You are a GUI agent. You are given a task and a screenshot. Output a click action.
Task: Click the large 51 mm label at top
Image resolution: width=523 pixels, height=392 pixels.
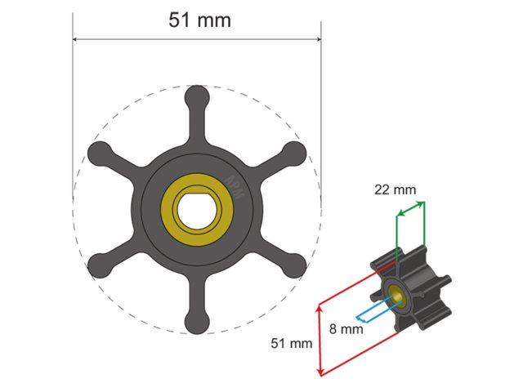pos(199,20)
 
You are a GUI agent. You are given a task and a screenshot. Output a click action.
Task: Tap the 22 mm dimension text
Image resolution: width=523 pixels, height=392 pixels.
pos(395,189)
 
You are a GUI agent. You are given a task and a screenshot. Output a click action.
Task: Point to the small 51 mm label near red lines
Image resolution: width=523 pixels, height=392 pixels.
pos(292,344)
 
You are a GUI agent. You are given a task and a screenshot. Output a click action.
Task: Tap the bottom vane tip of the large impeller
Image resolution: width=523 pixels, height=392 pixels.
pos(196,323)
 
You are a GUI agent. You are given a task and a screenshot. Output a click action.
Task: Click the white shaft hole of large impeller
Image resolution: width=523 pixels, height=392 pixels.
pos(197,210)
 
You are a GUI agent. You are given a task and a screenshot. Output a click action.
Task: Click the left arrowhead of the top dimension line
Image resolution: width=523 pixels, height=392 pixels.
pos(76,38)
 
